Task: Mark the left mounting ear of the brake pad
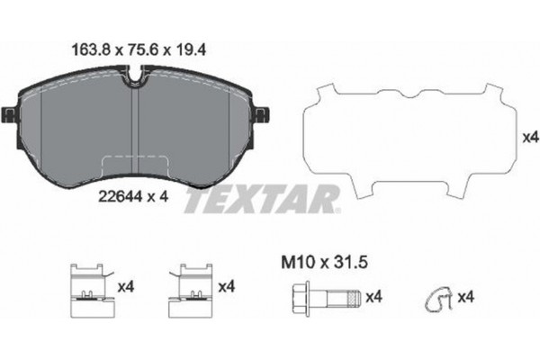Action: tap(11, 114)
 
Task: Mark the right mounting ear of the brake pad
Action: tap(264, 114)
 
